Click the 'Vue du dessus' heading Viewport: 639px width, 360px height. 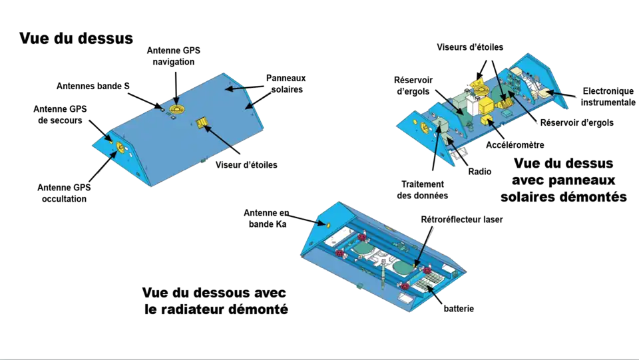[x=76, y=39]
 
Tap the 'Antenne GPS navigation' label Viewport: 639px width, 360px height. [x=174, y=56]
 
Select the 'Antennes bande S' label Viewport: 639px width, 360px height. [x=93, y=86]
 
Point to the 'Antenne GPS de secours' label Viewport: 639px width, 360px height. [x=60, y=114]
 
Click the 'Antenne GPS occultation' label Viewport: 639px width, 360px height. [x=64, y=193]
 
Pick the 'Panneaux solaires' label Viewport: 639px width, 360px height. [x=286, y=83]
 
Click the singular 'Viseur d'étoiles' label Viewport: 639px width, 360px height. [x=246, y=165]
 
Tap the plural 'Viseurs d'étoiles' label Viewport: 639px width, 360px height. [x=470, y=47]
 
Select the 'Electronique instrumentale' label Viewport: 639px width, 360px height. [x=608, y=96]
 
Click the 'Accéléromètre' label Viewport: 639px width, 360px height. [x=515, y=145]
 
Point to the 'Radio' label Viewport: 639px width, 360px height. [x=480, y=172]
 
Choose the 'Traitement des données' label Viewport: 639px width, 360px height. [x=423, y=190]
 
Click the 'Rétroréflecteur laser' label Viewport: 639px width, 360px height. [x=462, y=220]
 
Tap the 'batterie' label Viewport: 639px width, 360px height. [x=459, y=309]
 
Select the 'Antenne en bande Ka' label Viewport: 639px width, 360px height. [x=266, y=218]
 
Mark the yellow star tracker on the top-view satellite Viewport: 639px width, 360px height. [x=202, y=122]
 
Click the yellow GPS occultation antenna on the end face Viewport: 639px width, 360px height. [x=120, y=148]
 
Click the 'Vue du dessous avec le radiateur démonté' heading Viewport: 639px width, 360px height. [x=215, y=301]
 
